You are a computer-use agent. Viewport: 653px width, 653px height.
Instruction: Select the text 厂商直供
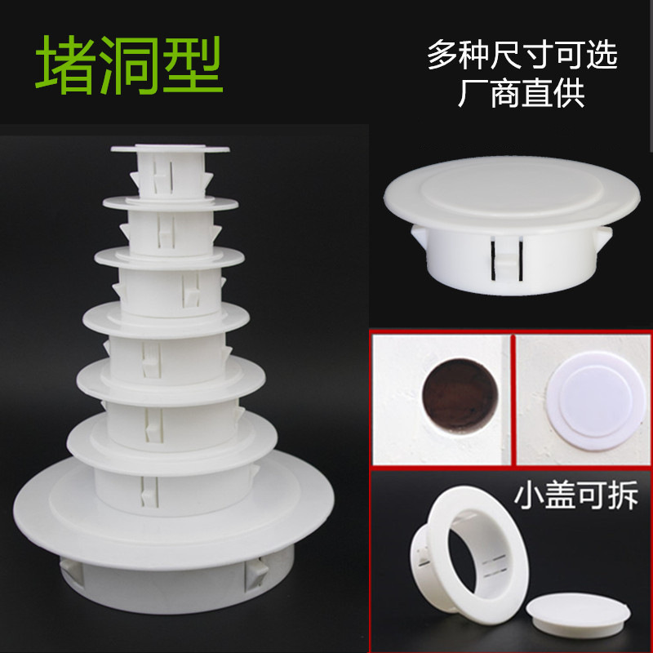[x=522, y=95]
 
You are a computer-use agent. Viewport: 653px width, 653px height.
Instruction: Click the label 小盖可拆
[x=576, y=495]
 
